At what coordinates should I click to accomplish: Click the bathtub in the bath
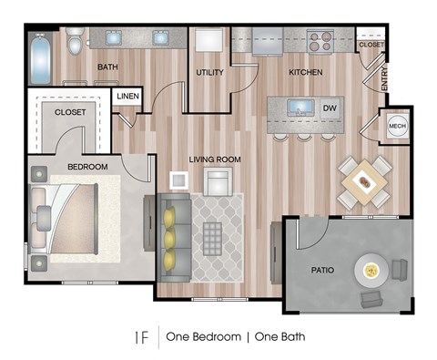[x=40, y=59]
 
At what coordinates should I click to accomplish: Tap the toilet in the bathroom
[x=74, y=41]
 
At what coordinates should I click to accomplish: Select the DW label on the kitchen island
[x=330, y=108]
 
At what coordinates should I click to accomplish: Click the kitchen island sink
[x=300, y=108]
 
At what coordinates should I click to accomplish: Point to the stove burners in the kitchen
[x=320, y=41]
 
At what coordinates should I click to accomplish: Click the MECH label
[x=397, y=126]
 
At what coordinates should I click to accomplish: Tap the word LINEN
[x=127, y=97]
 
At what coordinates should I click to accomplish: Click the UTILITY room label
[x=209, y=72]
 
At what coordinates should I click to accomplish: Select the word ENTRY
[x=384, y=78]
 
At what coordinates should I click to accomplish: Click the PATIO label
[x=322, y=270]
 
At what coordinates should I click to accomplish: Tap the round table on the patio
[x=371, y=270]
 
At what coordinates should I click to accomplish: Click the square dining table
[x=364, y=182]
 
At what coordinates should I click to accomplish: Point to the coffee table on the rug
[x=212, y=239]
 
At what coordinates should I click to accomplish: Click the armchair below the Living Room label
[x=218, y=181]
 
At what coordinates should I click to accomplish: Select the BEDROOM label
[x=87, y=167]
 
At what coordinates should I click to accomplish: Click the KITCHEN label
[x=306, y=72]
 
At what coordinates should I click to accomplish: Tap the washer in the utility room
[x=208, y=40]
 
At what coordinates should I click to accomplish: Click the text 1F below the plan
[x=142, y=337]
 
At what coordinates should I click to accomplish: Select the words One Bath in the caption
[x=279, y=337]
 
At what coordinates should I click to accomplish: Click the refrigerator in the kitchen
[x=268, y=41]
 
